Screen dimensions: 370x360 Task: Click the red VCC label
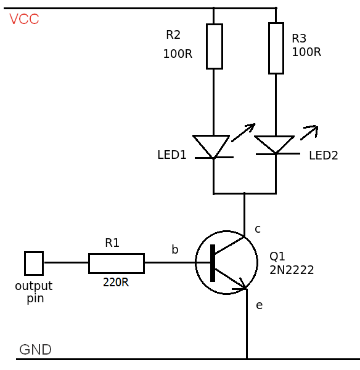point(24,19)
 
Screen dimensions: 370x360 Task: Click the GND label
point(35,350)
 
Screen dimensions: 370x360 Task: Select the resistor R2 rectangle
point(214,46)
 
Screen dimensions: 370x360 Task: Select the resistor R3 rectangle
point(276,48)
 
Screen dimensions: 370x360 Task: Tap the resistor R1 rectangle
point(116,263)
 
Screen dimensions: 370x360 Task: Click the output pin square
point(34,263)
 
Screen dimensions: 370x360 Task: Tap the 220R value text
point(116,283)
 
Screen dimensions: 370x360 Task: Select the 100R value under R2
point(178,54)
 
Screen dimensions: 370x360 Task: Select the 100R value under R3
point(306,52)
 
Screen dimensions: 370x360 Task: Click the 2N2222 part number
point(292,270)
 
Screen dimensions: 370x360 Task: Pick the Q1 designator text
point(277,256)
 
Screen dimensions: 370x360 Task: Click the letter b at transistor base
point(175,249)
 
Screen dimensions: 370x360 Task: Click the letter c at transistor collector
point(258,229)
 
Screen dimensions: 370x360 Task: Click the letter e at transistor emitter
point(259,305)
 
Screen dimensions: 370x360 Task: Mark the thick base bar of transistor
point(213,263)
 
